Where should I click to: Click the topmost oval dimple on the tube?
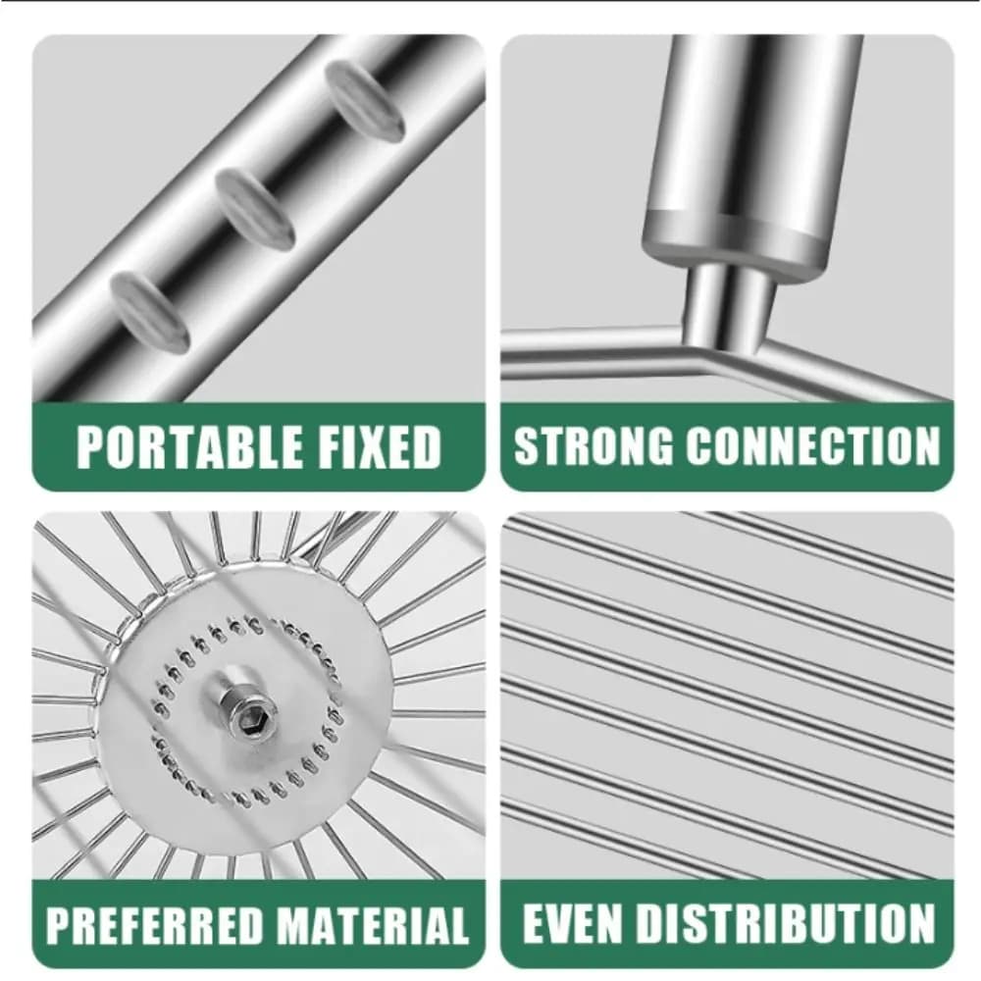coord(364,100)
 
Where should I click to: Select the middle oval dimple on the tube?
coord(255,208)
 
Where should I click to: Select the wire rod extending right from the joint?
coord(857,369)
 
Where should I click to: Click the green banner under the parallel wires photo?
coord(727,923)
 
